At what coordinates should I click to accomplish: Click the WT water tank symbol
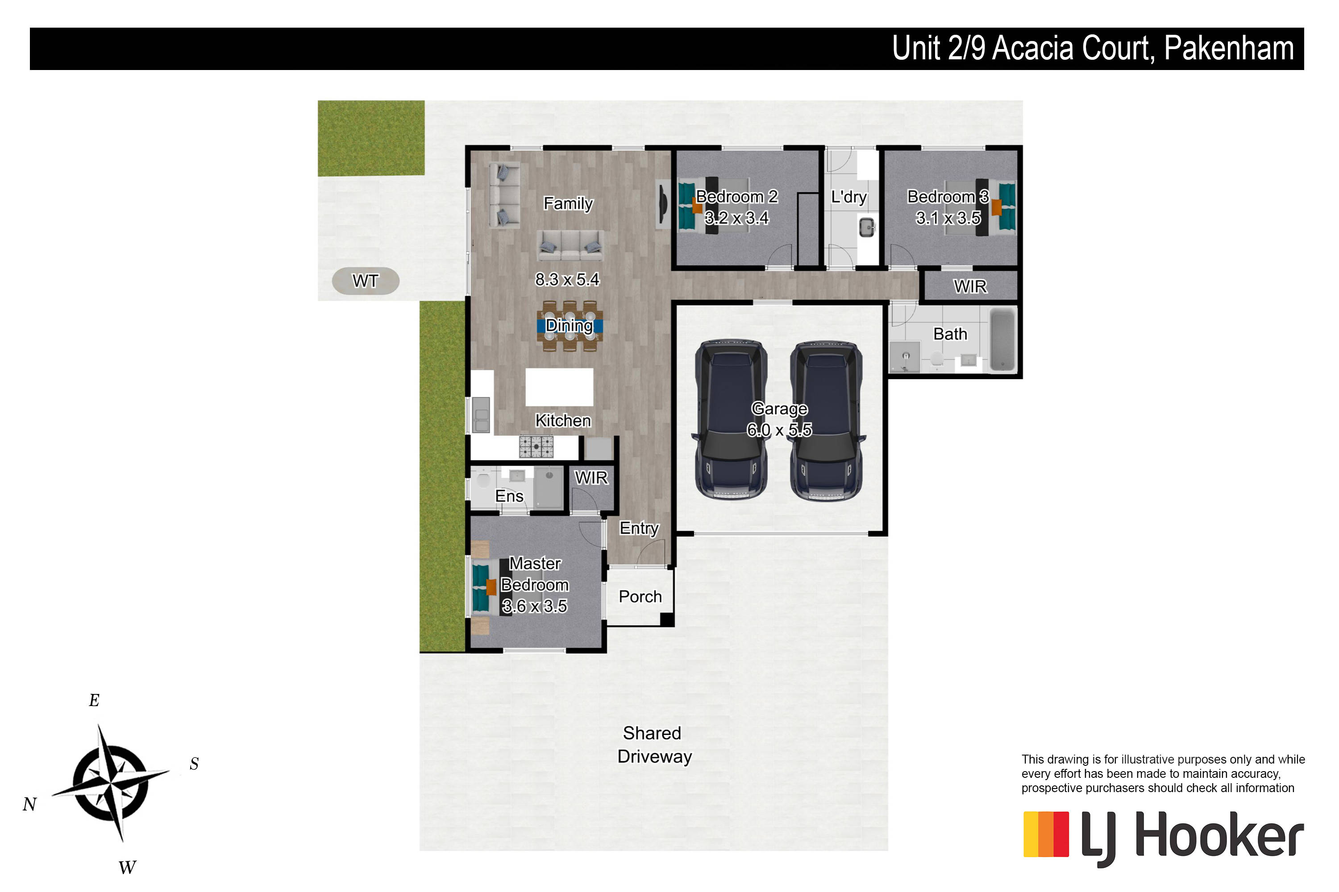[366, 281]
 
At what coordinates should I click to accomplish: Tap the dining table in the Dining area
[570, 326]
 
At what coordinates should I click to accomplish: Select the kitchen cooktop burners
[536, 446]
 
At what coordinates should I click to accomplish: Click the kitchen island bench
[559, 388]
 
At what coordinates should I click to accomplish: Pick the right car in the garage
[827, 421]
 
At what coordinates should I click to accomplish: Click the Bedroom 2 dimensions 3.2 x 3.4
[737, 218]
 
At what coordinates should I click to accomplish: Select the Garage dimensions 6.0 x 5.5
[779, 430]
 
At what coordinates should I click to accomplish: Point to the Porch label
[640, 596]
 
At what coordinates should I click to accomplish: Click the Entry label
[639, 529]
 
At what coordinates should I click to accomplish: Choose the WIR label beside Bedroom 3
[970, 286]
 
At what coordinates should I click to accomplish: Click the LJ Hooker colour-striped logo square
[1046, 834]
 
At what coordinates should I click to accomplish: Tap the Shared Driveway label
[654, 745]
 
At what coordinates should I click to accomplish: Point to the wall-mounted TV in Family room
[663, 204]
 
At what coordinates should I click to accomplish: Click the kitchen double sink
[481, 414]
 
